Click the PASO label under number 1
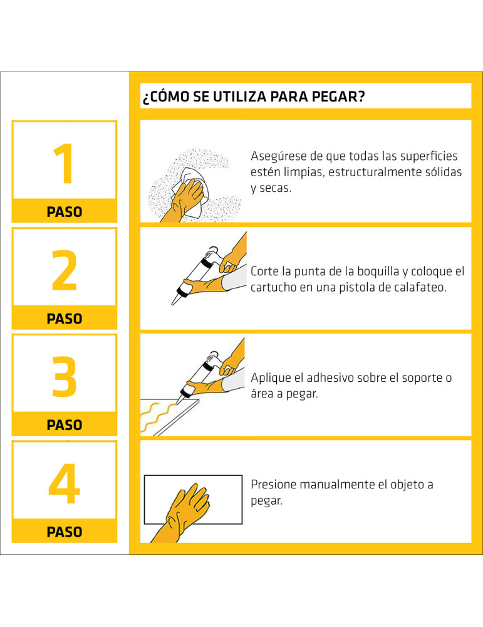(64, 212)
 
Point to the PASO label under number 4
(64, 532)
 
